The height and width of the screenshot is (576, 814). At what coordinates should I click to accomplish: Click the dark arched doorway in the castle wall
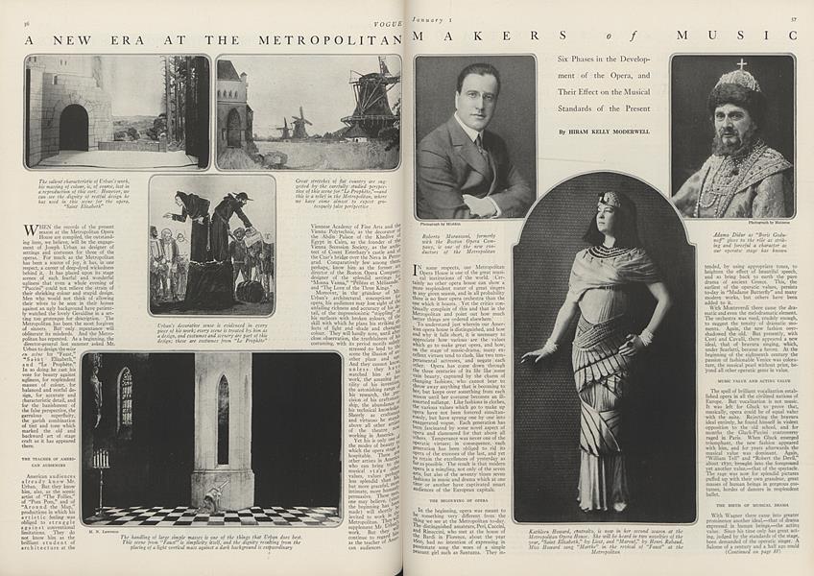point(74,127)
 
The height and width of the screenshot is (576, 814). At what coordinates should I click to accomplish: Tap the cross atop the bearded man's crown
point(740,65)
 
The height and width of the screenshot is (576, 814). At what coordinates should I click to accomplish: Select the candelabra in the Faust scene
point(101,459)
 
